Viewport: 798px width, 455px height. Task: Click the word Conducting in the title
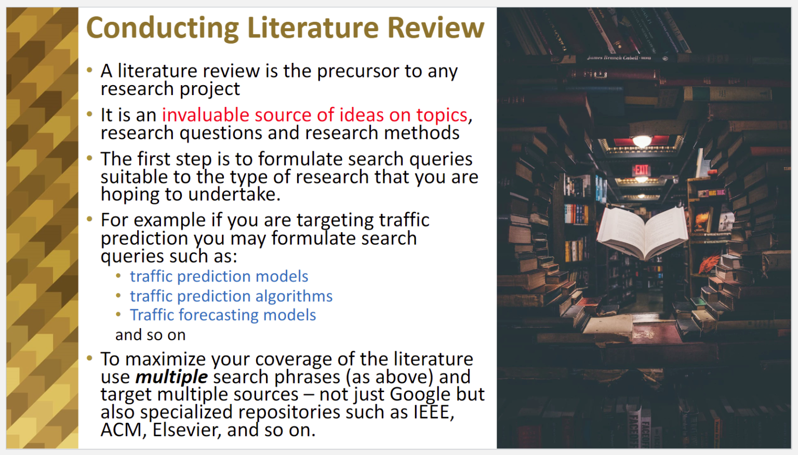point(163,29)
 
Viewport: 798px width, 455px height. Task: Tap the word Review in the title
point(436,28)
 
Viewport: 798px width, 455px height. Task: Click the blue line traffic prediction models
point(219,277)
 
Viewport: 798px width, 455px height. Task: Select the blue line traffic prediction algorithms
point(231,296)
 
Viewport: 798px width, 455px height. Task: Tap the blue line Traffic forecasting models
point(223,315)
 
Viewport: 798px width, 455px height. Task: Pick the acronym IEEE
point(434,412)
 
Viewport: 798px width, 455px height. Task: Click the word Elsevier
point(185,430)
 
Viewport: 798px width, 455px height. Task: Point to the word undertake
point(234,194)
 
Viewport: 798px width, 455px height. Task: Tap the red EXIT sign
point(642,169)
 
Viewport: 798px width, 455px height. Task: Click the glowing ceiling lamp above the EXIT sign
point(642,141)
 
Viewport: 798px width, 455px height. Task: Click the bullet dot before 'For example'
point(89,219)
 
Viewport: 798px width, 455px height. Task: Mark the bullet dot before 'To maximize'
point(89,358)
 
